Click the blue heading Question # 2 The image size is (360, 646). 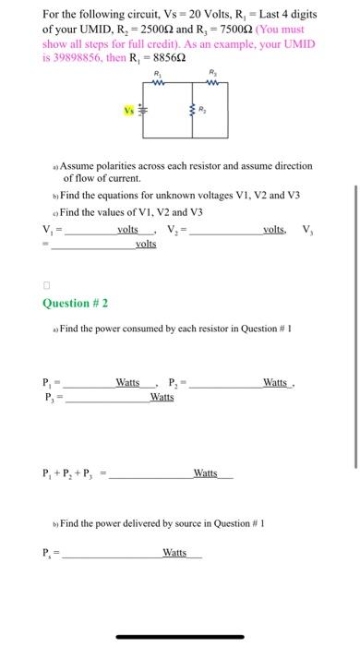[x=78, y=303]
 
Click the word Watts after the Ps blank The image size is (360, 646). [x=174, y=553]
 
